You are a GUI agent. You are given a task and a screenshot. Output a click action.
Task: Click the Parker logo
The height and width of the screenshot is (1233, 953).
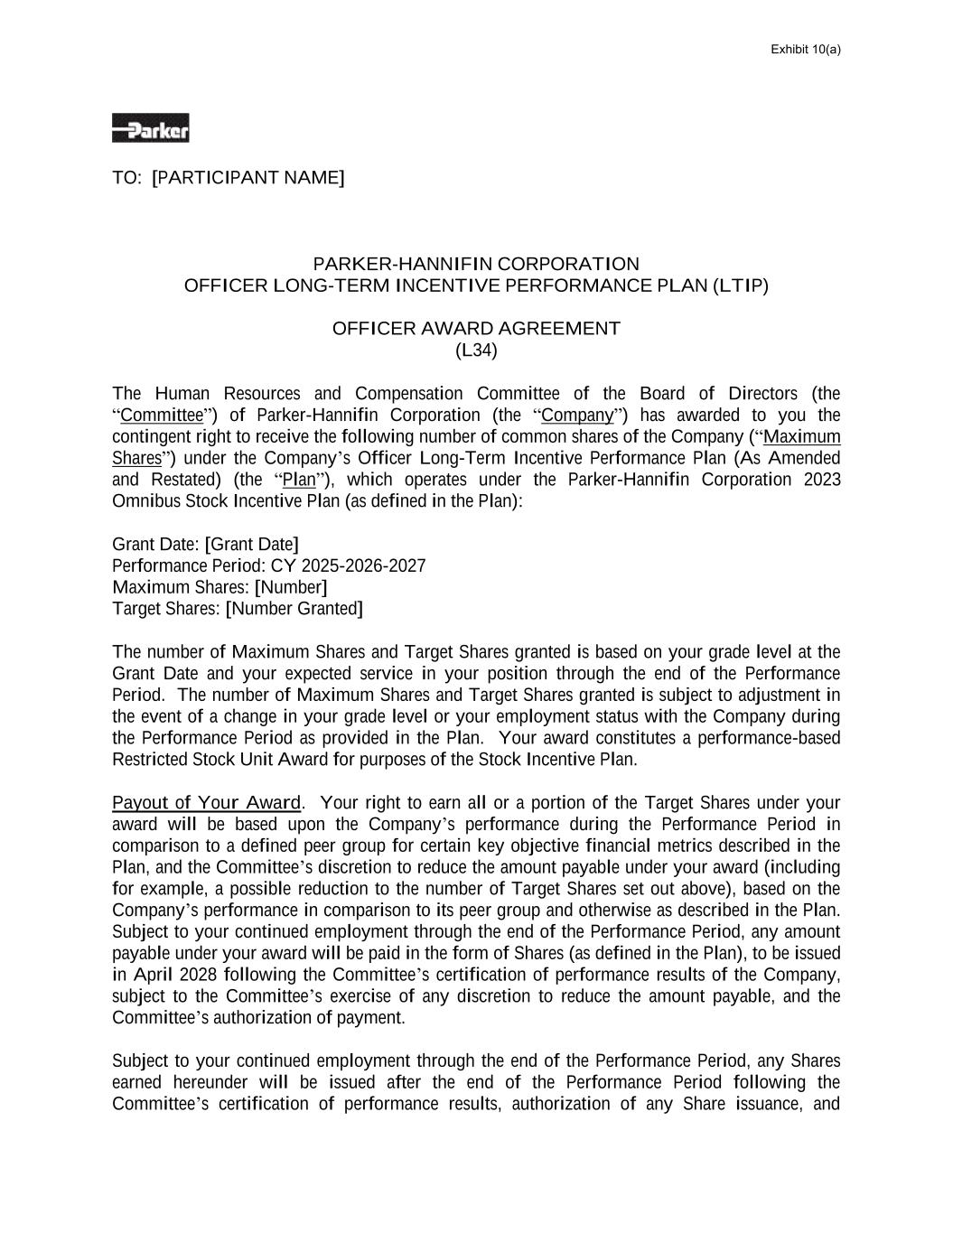click(150, 128)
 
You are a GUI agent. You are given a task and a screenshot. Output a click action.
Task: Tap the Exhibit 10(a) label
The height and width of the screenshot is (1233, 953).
click(805, 49)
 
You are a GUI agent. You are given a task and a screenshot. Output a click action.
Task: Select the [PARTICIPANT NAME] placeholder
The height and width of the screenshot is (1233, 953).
click(248, 177)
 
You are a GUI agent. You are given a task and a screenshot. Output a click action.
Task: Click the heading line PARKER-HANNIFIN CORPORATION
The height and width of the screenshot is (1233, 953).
click(476, 264)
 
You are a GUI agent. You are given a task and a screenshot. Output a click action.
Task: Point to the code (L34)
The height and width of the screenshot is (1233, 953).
click(476, 350)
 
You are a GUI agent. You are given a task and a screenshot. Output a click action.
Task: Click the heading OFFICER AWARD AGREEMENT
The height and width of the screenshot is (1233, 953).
click(476, 328)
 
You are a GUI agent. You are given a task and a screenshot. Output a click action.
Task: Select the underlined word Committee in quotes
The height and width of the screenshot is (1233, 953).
click(162, 416)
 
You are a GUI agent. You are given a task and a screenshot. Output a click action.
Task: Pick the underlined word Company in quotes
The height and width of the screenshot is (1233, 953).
click(577, 416)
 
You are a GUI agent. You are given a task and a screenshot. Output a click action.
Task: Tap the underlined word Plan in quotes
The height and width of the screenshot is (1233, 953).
click(299, 480)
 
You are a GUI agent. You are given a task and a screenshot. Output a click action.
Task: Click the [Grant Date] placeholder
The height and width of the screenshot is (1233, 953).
click(251, 545)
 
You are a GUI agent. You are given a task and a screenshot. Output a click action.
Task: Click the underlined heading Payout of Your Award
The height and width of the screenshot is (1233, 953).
click(206, 803)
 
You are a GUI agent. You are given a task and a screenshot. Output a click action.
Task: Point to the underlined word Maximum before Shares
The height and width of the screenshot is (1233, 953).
click(802, 437)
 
